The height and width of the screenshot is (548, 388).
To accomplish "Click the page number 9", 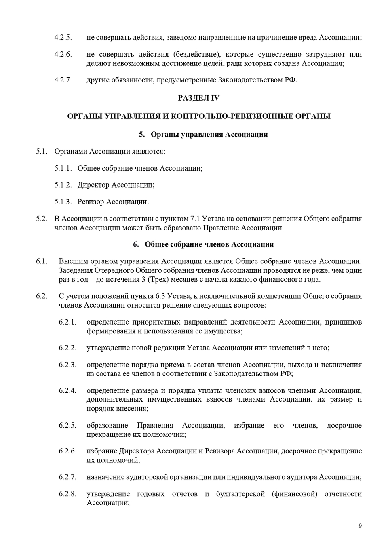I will click(360, 526).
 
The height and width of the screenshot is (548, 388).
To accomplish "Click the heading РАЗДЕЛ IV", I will click(198, 98).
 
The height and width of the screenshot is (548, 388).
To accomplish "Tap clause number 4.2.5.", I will click(63, 38).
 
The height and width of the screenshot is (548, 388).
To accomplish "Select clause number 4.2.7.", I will click(63, 80).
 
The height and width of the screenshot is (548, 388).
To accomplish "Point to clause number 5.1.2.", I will click(63, 185).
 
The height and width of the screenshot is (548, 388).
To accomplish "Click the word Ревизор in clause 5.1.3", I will click(90, 202).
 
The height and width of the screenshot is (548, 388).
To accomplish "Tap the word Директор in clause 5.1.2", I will click(93, 185).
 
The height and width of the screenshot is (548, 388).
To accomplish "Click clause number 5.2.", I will click(42, 219).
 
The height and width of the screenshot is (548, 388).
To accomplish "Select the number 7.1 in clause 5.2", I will click(195, 219).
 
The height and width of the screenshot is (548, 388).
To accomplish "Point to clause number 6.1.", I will click(42, 261).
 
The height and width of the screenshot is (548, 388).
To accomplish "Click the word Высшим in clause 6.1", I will click(72, 261).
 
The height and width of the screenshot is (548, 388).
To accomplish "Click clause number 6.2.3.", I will click(67, 365).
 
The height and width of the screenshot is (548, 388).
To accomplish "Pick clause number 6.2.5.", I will click(67, 425).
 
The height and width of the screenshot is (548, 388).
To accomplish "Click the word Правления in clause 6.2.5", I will click(155, 425).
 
